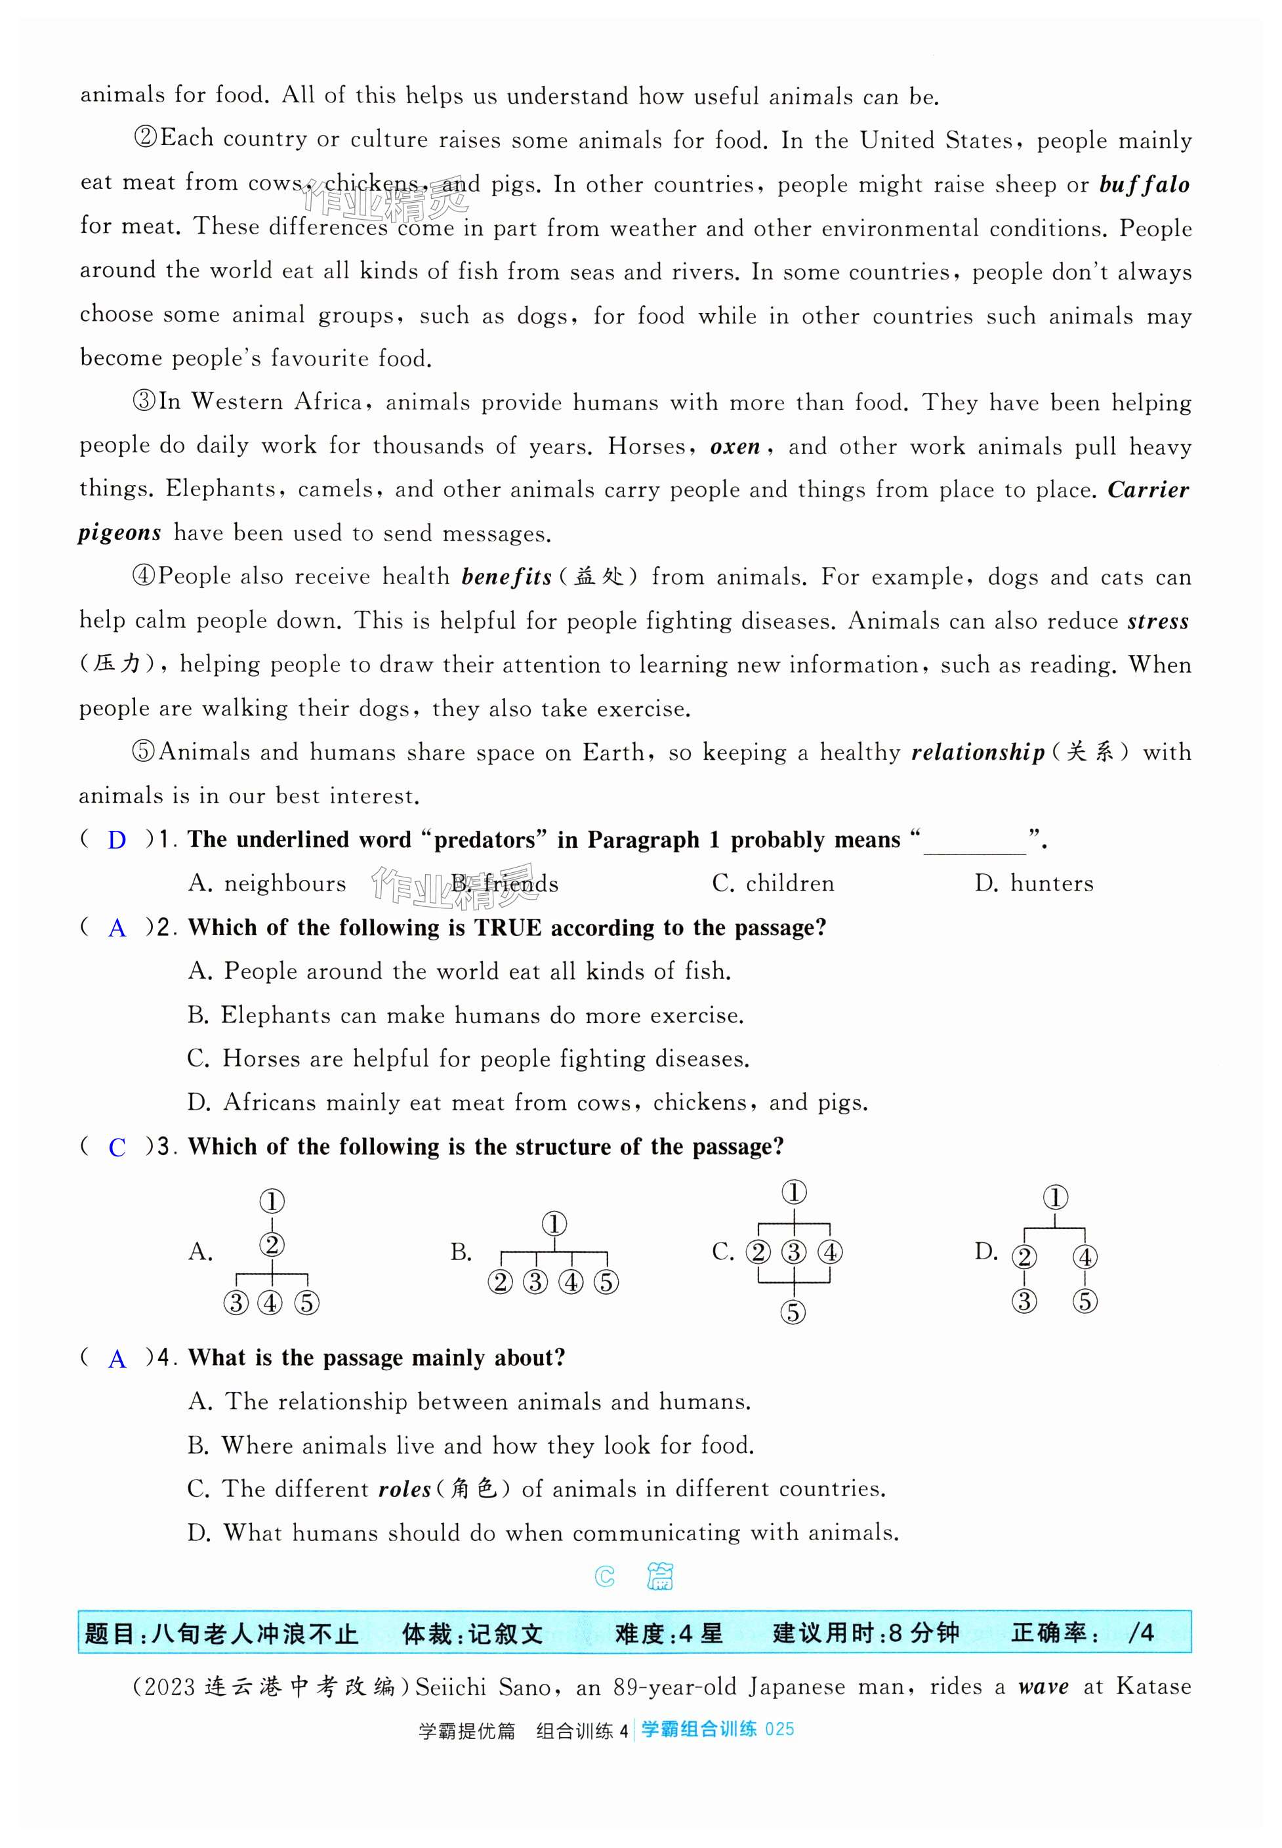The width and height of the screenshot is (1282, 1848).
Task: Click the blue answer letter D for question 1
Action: coord(117,841)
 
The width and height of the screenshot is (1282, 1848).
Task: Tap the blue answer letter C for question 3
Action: coord(117,1147)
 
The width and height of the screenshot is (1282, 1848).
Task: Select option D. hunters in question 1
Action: coord(1034,884)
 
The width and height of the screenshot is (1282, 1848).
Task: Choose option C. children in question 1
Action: coord(773,884)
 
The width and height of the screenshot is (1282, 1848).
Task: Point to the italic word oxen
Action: coord(735,447)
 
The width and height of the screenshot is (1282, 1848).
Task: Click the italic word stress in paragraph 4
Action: coord(1157,621)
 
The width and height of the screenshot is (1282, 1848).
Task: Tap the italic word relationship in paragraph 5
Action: coord(978,753)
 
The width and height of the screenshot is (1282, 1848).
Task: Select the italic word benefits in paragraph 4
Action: coord(506,577)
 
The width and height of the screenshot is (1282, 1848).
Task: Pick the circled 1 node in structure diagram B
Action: coord(554,1225)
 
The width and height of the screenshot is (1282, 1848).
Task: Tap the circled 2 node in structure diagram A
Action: coord(272,1246)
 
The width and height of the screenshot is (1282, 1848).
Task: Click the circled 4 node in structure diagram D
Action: coord(1085,1257)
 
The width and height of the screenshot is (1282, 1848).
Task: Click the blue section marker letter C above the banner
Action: coord(605,1577)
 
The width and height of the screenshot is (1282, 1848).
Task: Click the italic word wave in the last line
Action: coord(1043,1687)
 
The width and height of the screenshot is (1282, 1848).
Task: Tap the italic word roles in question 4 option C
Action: coord(405,1490)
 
